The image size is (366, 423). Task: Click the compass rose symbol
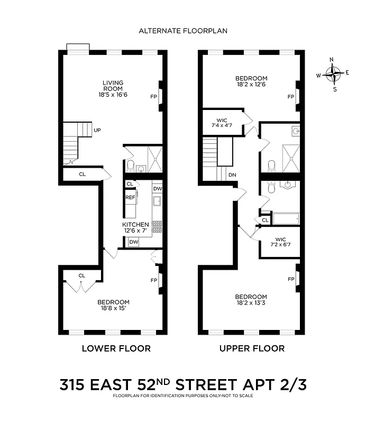pyautogui.click(x=333, y=75)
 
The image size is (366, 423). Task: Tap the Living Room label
pyautogui.click(x=113, y=86)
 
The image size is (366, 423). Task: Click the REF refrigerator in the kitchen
pyautogui.click(x=131, y=197)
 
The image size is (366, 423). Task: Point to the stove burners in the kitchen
pyautogui.click(x=157, y=226)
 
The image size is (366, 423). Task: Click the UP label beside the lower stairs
pyautogui.click(x=97, y=130)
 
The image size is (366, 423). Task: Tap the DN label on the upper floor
pyautogui.click(x=232, y=176)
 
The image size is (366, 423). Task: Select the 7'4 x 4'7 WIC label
pyautogui.click(x=221, y=123)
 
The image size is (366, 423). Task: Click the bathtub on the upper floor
pyautogui.click(x=286, y=218)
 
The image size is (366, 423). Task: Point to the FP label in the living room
pyautogui.click(x=154, y=97)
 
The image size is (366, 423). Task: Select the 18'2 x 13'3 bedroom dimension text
pyautogui.click(x=251, y=303)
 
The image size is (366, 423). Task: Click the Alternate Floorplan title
pyautogui.click(x=183, y=31)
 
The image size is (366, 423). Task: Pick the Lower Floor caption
pyautogui.click(x=116, y=348)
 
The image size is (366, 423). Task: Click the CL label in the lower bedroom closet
pyautogui.click(x=82, y=275)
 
